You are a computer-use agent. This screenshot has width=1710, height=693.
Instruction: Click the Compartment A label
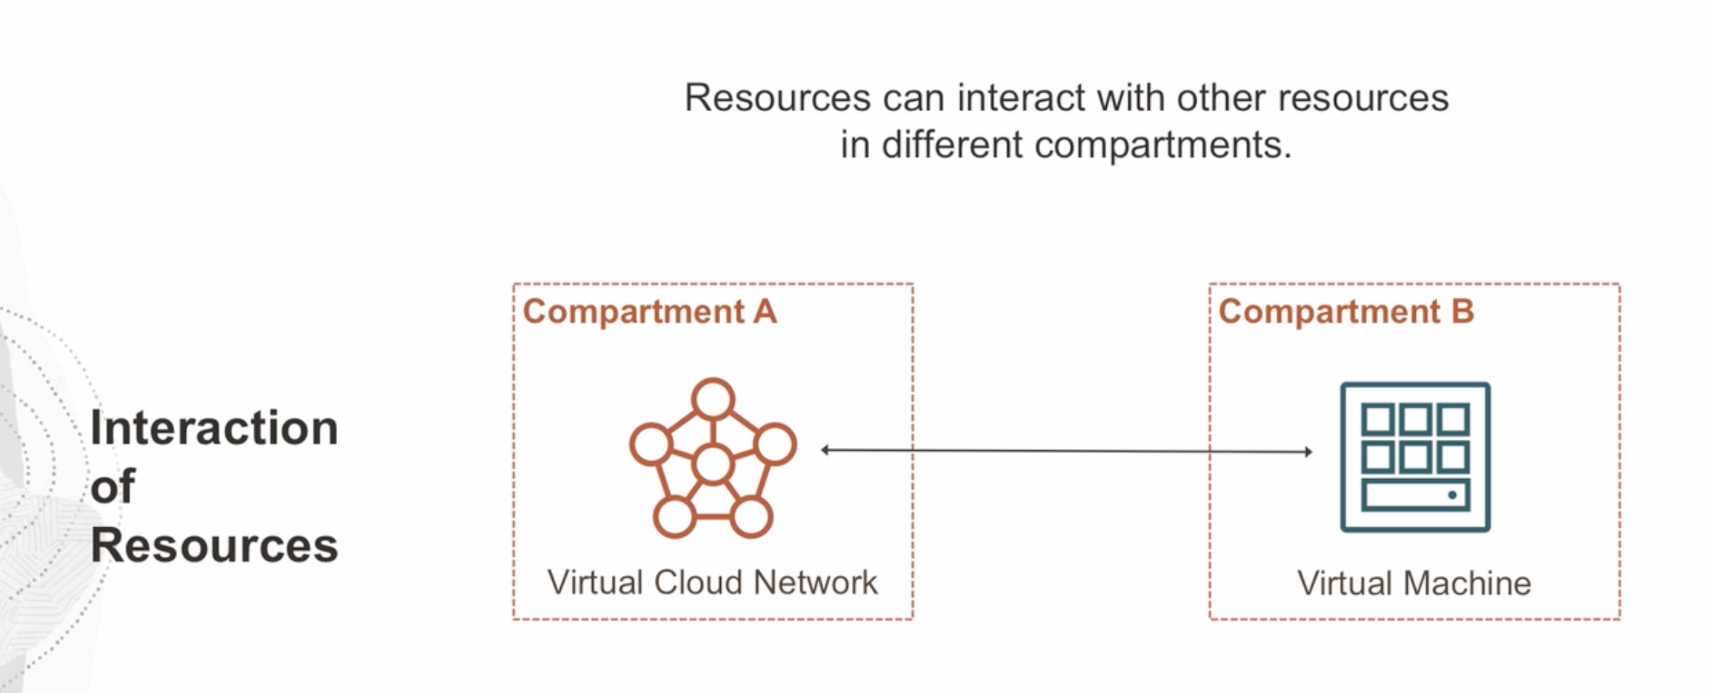click(x=650, y=312)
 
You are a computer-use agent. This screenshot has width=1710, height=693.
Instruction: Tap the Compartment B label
click(x=1345, y=312)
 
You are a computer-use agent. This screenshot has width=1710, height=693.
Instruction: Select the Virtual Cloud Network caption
click(x=712, y=583)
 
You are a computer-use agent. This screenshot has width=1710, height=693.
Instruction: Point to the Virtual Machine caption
click(x=1414, y=583)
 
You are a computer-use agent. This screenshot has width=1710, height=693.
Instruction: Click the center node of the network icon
click(x=713, y=465)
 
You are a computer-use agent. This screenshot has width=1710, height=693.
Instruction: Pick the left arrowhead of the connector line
click(x=825, y=449)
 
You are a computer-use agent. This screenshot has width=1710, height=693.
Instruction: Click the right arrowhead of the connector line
click(x=1308, y=451)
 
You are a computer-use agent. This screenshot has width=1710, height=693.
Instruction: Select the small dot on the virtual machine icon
click(x=1452, y=495)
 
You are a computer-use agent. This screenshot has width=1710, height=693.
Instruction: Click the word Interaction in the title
click(x=213, y=428)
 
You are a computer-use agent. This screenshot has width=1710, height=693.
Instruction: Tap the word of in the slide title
click(x=113, y=486)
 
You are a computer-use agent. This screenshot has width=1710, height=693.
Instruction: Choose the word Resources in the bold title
click(x=213, y=546)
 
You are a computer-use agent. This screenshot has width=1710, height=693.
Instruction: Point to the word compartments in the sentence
click(x=1163, y=144)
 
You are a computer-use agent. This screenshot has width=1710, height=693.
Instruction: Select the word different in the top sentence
click(x=952, y=144)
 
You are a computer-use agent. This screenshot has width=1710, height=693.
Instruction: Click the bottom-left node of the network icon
click(x=674, y=516)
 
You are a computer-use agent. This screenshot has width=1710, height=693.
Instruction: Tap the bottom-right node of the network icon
click(x=751, y=516)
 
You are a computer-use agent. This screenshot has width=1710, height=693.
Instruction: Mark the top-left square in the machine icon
click(x=1377, y=420)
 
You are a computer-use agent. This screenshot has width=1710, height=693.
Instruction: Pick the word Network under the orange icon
click(x=815, y=583)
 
